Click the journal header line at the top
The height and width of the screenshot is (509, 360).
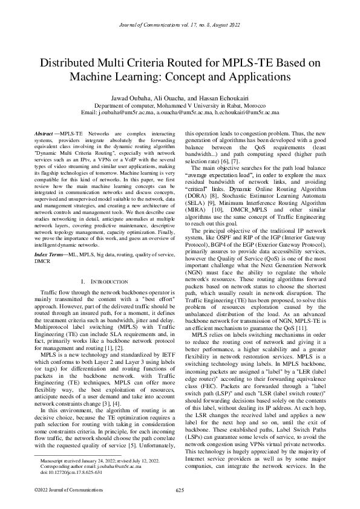pos(180,25)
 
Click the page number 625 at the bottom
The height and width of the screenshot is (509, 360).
pos(180,490)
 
